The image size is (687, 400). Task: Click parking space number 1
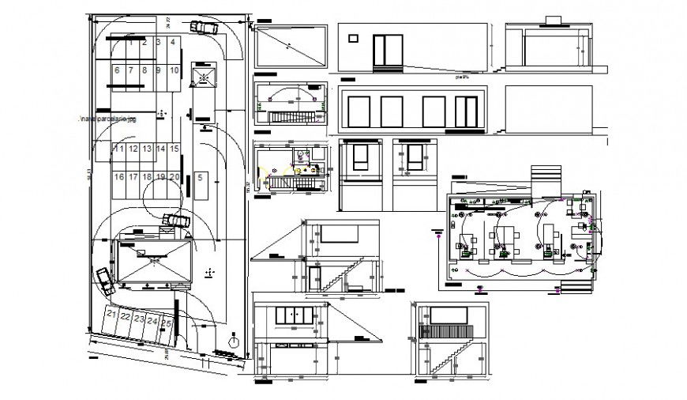point(132,43)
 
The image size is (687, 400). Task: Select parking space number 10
point(173,70)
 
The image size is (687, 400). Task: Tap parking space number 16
point(119,177)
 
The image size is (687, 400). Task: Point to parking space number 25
point(166,322)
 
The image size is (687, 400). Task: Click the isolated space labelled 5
point(201,178)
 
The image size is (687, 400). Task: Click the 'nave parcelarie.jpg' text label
point(107,119)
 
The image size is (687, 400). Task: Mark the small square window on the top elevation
point(351,36)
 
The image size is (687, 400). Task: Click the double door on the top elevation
point(388,51)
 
